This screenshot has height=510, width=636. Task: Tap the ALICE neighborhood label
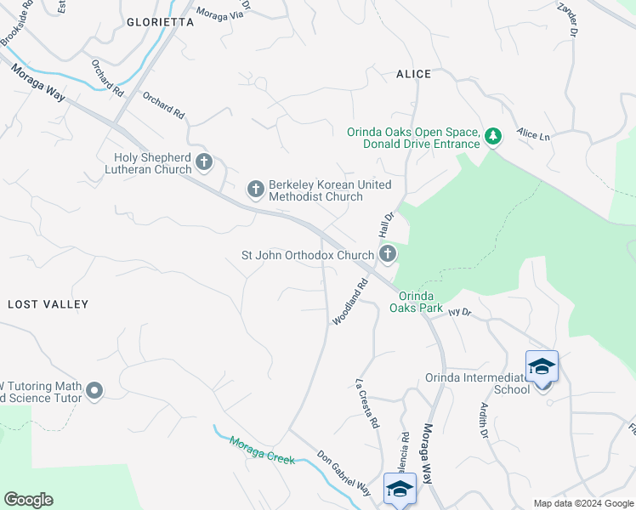(x=413, y=74)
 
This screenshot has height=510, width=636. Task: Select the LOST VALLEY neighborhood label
(x=48, y=303)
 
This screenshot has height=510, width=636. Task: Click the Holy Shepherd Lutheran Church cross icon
(x=203, y=161)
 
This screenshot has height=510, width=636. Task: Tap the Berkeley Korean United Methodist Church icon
(x=256, y=189)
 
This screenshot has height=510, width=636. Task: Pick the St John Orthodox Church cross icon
(x=388, y=253)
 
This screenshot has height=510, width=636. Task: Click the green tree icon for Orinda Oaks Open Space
(x=492, y=135)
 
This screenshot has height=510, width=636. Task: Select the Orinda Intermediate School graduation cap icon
(x=542, y=366)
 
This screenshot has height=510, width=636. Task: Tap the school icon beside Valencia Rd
(x=400, y=489)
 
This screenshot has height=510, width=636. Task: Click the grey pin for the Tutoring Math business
(x=94, y=391)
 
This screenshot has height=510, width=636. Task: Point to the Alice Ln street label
(x=534, y=135)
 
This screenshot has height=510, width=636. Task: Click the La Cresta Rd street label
(x=366, y=403)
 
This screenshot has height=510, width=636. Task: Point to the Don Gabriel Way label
(x=344, y=473)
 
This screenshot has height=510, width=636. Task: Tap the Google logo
(x=28, y=500)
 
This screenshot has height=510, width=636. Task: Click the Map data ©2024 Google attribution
(x=582, y=503)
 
